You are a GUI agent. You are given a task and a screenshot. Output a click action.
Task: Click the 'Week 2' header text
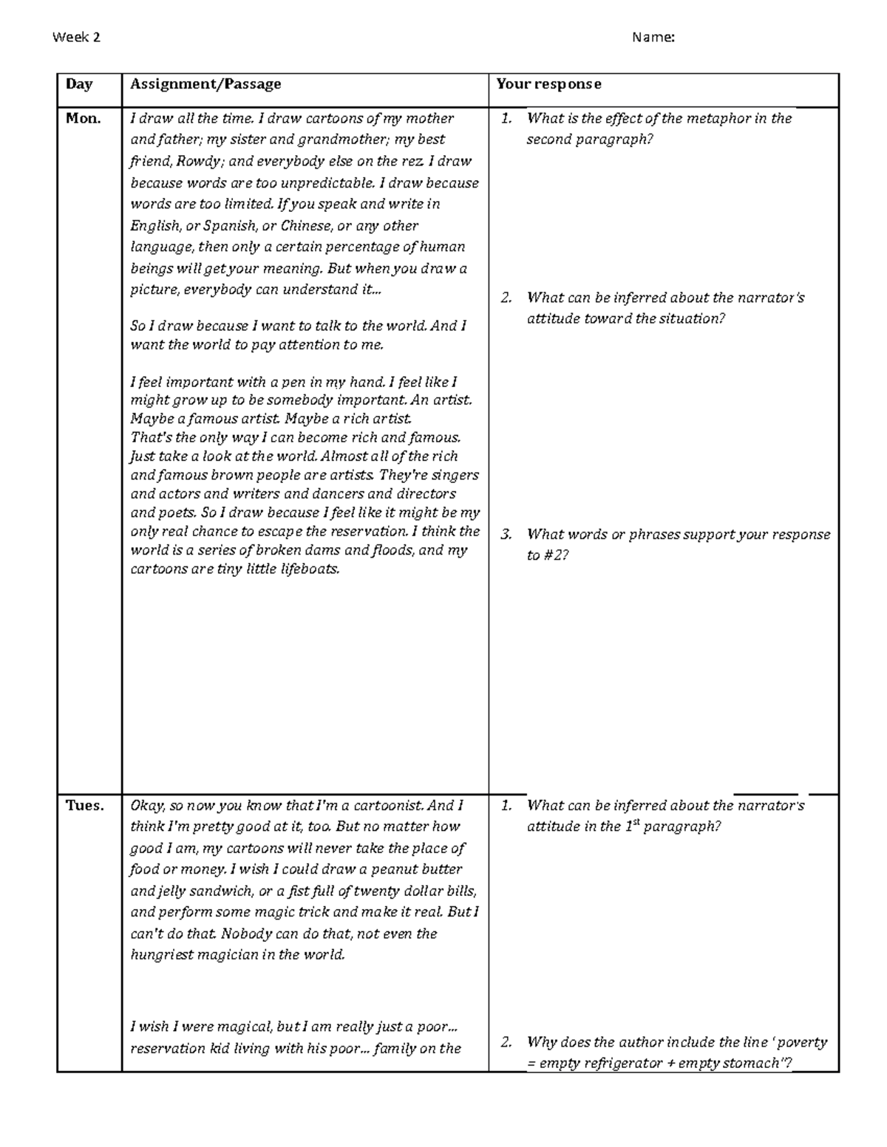[x=76, y=38]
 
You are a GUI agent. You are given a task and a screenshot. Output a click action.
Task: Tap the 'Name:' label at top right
[x=653, y=38]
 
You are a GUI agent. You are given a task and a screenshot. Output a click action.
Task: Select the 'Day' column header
[x=78, y=83]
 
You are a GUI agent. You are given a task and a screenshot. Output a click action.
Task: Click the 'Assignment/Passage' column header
[x=205, y=83]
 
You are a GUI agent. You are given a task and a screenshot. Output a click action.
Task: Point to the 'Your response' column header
[x=548, y=83]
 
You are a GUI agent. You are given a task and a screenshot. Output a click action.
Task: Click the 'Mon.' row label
[x=83, y=118]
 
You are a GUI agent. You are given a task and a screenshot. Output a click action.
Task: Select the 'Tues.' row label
[x=85, y=805]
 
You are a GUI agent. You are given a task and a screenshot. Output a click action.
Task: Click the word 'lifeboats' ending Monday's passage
[x=307, y=569]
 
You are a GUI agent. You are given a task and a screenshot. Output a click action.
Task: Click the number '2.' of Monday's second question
[x=506, y=298]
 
